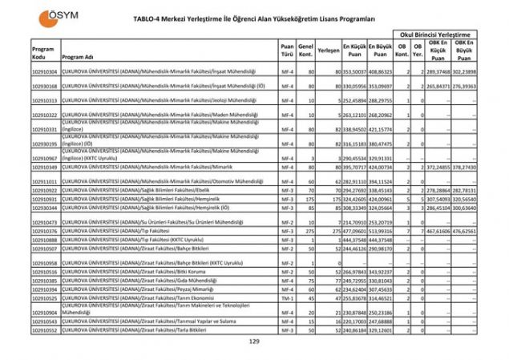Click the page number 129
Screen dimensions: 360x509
(254, 342)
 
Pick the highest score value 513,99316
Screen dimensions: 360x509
(381, 231)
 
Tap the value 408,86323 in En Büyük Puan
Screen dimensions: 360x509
(381, 72)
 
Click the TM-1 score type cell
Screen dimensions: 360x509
(286, 297)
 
